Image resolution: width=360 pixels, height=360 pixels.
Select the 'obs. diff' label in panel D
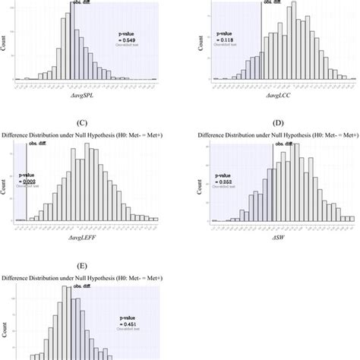(x=283, y=143)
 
